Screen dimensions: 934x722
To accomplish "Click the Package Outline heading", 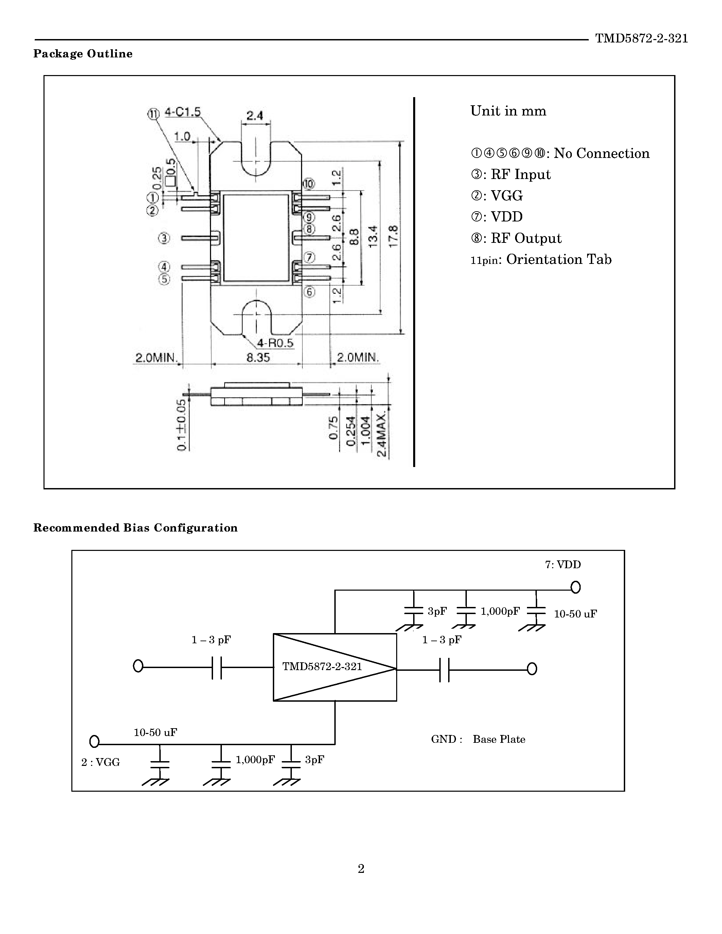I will [83, 54].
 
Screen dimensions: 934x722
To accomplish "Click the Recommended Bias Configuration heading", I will [135, 528].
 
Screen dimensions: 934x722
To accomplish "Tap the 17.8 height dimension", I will [393, 236].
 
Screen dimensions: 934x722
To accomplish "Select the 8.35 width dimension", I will [258, 358].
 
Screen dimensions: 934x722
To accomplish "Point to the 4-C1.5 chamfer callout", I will [183, 112].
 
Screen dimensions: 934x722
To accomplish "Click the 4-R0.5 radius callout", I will [275, 343].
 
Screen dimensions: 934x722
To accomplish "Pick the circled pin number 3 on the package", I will [164, 238].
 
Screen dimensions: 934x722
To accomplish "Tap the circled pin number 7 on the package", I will [309, 257].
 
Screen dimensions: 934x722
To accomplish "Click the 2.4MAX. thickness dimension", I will [382, 434].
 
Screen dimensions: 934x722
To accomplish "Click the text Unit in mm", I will [508, 111].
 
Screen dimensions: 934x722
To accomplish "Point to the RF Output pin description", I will [516, 238].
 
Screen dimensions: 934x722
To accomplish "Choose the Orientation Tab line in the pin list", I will [541, 259].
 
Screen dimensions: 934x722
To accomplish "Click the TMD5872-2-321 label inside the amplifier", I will [322, 667].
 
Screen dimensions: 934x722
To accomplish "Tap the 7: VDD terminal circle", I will [576, 588].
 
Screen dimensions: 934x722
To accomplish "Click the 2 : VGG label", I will [101, 762].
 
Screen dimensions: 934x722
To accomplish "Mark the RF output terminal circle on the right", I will [532, 669].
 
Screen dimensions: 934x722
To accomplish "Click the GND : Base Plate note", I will [478, 739].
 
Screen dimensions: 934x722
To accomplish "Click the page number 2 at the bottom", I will [361, 868].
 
